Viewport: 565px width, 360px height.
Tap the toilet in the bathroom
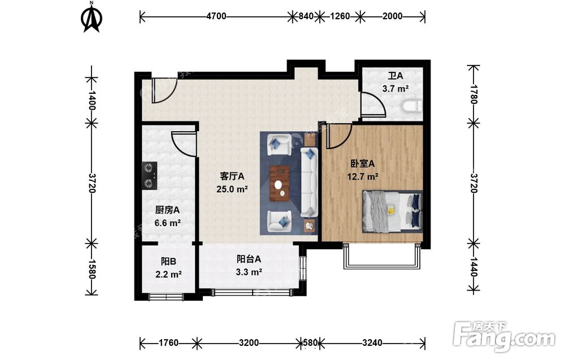(411, 106)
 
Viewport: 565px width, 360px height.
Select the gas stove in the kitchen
(150, 176)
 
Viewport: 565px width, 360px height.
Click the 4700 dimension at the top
(216, 16)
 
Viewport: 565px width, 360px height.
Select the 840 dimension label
(306, 16)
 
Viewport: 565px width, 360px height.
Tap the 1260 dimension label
(340, 16)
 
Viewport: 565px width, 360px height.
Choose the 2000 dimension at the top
(393, 16)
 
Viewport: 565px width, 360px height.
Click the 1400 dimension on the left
(92, 101)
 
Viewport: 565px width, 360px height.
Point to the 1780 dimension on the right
(473, 94)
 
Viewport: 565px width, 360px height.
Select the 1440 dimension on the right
(473, 267)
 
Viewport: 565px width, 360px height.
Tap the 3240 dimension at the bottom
(372, 342)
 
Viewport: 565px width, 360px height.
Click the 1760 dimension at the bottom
(168, 342)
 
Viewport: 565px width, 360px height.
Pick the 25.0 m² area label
(232, 189)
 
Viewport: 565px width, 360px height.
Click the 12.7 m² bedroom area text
(363, 176)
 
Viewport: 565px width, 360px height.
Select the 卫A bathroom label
(395, 76)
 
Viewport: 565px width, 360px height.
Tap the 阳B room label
(168, 261)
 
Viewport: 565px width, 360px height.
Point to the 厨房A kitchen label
(168, 210)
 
